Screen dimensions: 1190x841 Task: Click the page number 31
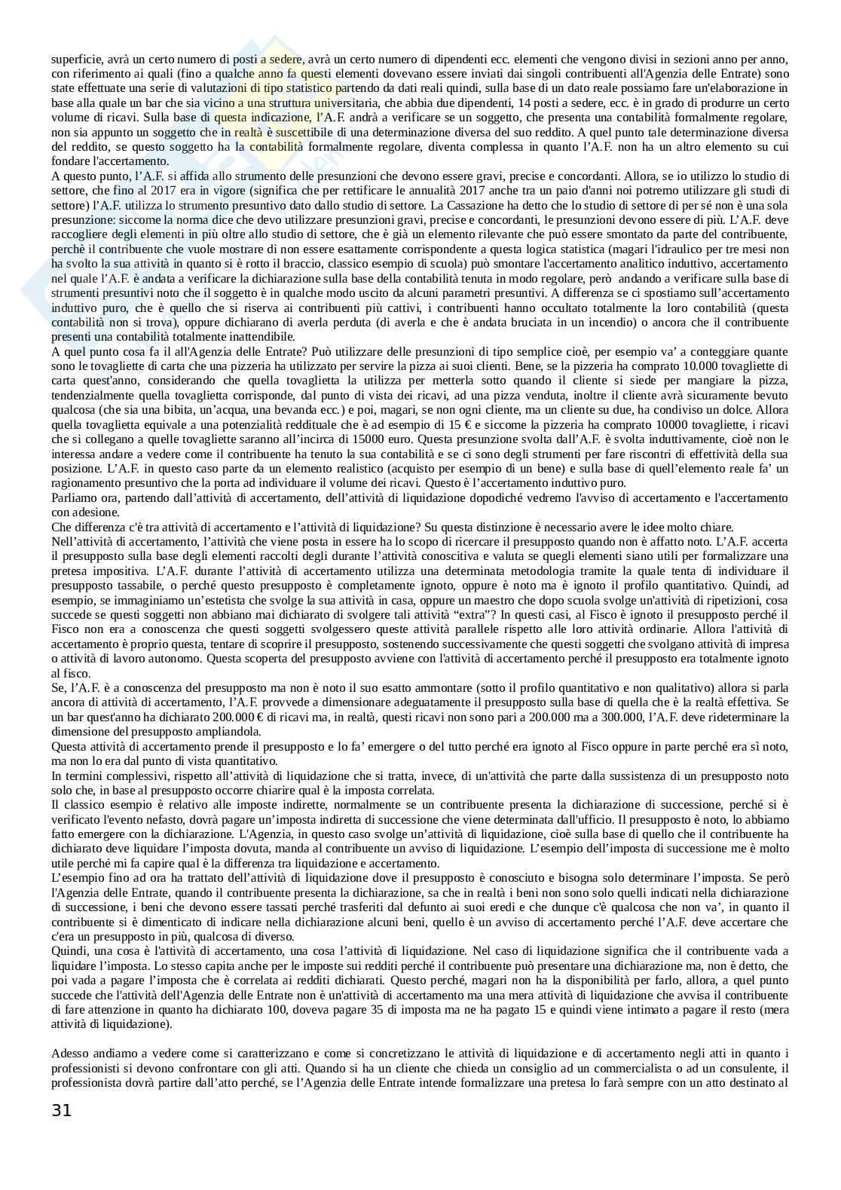tap(62, 1109)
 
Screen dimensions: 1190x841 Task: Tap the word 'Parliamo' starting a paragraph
tap(73, 498)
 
